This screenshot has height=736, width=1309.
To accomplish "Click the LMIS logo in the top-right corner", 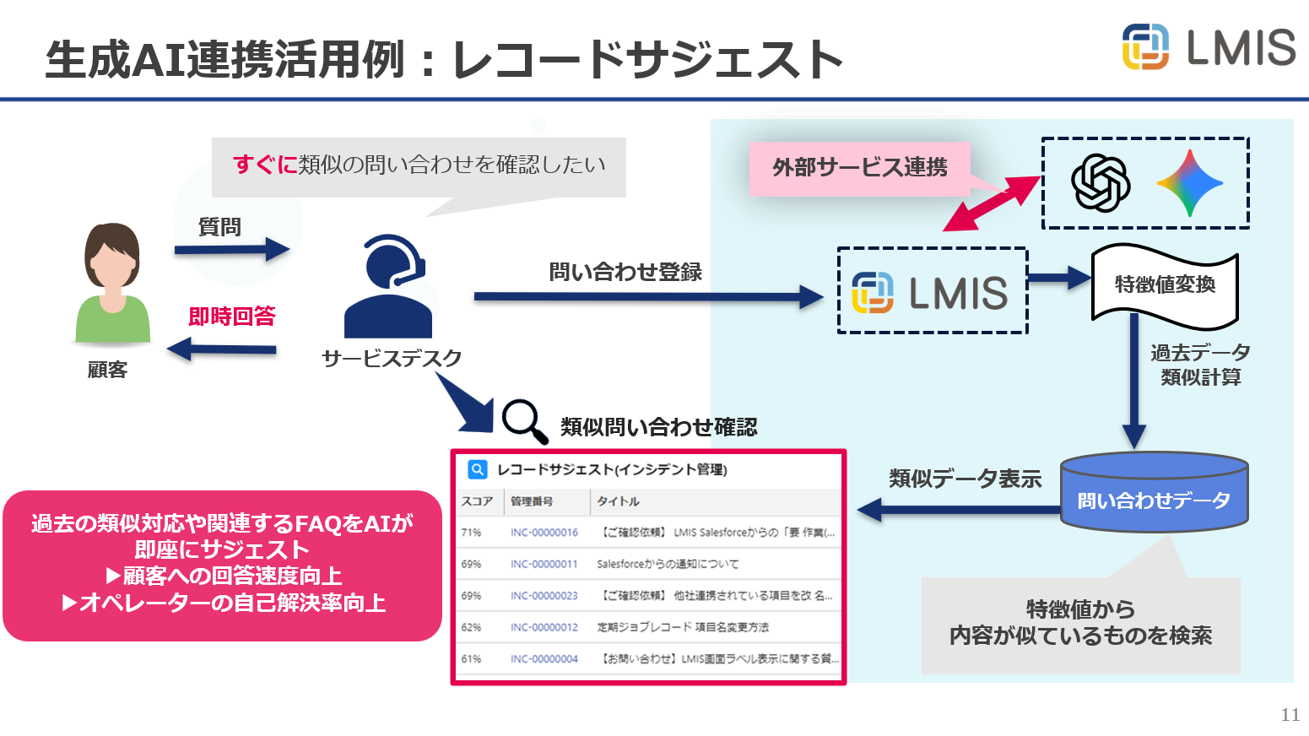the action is pyautogui.click(x=1209, y=46).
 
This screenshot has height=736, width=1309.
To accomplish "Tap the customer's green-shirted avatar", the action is pyautogui.click(x=112, y=283).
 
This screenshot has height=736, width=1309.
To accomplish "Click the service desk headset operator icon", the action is pyautogui.click(x=388, y=286).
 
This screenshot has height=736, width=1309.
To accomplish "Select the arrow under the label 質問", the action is pyautogui.click(x=232, y=250).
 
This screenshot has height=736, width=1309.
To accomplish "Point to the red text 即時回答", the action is pyautogui.click(x=232, y=317).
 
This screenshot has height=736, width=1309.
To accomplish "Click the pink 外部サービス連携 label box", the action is pyautogui.click(x=860, y=168).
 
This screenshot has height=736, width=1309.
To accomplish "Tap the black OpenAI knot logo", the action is pyautogui.click(x=1101, y=182).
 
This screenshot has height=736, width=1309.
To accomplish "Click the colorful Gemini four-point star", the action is pyautogui.click(x=1190, y=183).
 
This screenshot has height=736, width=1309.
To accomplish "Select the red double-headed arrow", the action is pyautogui.click(x=993, y=203).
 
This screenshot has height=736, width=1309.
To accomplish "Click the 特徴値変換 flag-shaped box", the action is pyautogui.click(x=1165, y=286).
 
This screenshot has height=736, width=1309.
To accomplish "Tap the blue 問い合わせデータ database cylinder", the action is pyautogui.click(x=1155, y=492).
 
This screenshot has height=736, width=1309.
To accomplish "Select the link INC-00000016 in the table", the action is pyautogui.click(x=544, y=533).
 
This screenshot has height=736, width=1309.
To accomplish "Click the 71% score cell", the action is pyautogui.click(x=471, y=533).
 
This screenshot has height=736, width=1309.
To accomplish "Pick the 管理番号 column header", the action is pyautogui.click(x=532, y=501).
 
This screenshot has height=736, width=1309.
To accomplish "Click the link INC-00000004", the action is pyautogui.click(x=544, y=659).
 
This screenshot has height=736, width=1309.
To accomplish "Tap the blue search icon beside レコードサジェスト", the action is pyautogui.click(x=478, y=469).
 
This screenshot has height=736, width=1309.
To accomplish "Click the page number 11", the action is pyautogui.click(x=1290, y=714).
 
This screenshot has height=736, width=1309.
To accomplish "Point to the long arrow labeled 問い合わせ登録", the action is pyautogui.click(x=649, y=297).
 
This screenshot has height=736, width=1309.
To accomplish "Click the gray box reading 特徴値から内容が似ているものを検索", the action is pyautogui.click(x=1080, y=625).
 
